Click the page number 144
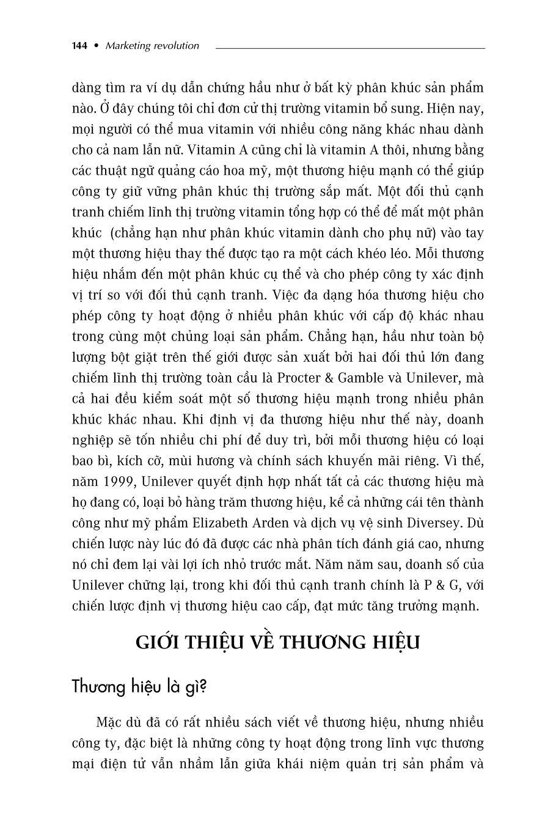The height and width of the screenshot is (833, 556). (80, 46)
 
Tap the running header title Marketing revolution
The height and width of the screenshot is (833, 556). (152, 46)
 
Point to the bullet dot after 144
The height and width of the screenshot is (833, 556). (96, 46)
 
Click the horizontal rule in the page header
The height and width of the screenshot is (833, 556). (350, 48)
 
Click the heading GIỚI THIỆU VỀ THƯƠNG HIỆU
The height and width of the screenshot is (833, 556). (277, 643)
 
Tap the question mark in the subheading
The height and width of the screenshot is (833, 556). (203, 686)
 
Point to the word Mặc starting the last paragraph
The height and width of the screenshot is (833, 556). (109, 722)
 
